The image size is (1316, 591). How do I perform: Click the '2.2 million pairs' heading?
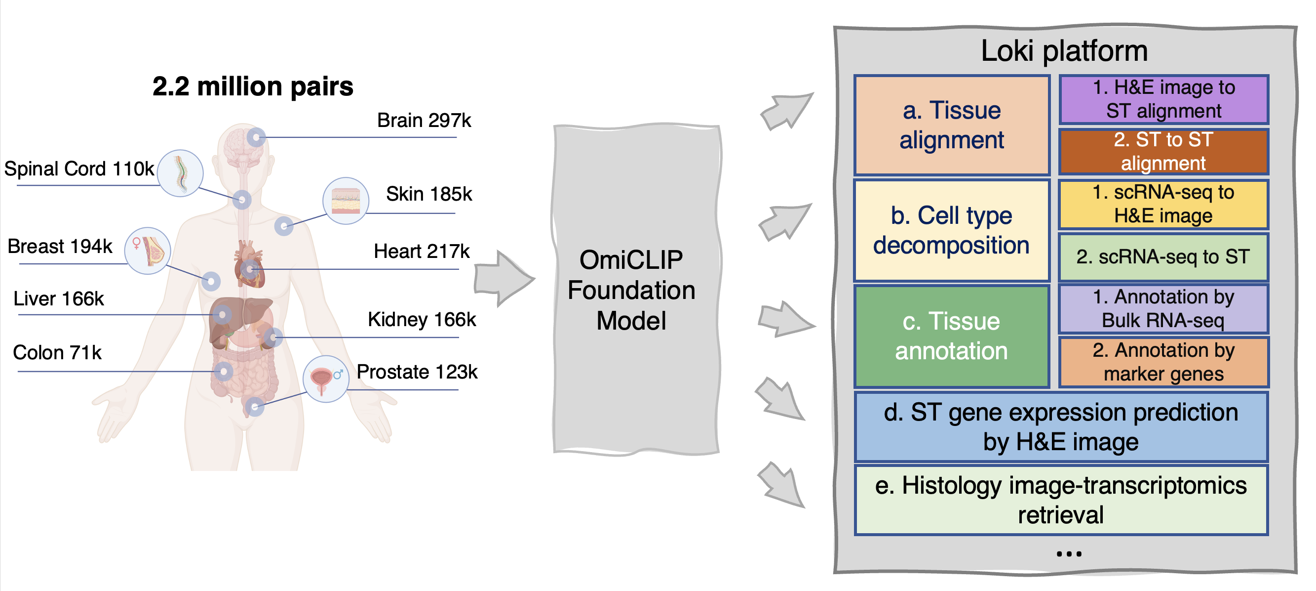coord(253,86)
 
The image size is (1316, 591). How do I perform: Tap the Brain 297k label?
coord(424,121)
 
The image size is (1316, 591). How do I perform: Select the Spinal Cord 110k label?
coord(79,169)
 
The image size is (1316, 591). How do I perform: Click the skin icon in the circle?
coord(346,201)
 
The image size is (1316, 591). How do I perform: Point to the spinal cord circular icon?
coord(180,173)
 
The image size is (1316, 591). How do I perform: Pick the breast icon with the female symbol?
coord(148,251)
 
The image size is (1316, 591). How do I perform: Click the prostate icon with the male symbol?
coord(326,379)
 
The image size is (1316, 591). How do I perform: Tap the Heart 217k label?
coord(422,252)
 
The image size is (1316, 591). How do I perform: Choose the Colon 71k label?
coord(57,353)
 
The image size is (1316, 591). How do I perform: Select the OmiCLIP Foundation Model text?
coord(631,291)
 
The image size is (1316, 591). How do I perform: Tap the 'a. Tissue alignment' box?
coord(952,125)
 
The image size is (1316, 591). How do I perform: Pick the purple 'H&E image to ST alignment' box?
coord(1164,99)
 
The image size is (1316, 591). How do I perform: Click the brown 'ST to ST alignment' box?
coord(1164,151)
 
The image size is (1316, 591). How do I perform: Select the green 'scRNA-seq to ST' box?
coord(1164,257)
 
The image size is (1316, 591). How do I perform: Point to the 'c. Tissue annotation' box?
coord(952,337)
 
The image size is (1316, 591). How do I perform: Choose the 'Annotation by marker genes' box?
coord(1164,362)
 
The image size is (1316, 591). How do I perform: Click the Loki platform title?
coord(1064,51)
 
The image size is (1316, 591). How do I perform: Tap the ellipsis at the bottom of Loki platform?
coord(1069,553)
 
